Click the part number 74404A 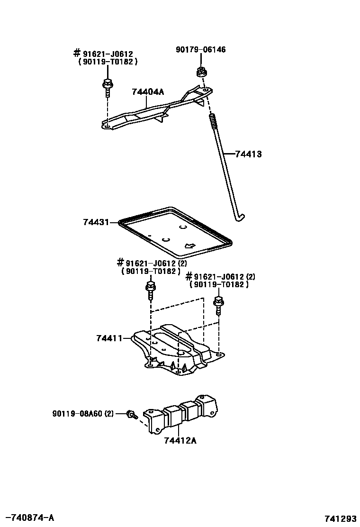[x=148, y=92]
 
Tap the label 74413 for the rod [x=248, y=154]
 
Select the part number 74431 [x=96, y=222]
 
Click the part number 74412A [x=180, y=441]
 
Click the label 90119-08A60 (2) [x=83, y=414]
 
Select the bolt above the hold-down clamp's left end [x=107, y=87]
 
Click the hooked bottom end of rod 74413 [x=241, y=217]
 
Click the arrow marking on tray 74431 [x=190, y=245]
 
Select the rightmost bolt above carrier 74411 [x=218, y=304]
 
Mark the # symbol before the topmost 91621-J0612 [x=76, y=53]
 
